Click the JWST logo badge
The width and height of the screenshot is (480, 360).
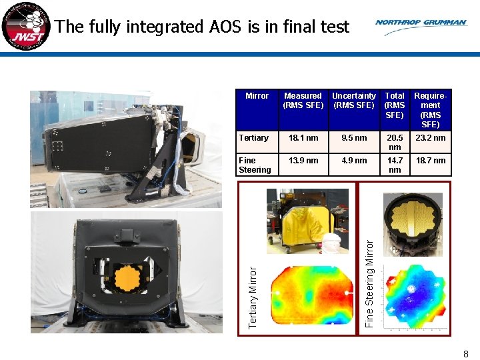click(25, 26)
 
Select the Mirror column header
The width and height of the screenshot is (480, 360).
click(257, 96)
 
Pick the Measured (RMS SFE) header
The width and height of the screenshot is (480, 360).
click(303, 101)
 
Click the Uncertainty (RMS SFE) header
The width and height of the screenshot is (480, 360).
click(353, 101)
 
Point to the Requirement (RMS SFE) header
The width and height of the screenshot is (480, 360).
click(430, 110)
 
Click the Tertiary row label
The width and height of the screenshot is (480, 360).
click(253, 138)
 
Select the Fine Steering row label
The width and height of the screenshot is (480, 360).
click(255, 165)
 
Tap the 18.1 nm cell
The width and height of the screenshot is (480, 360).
click(303, 138)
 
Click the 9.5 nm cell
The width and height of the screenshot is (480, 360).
click(354, 138)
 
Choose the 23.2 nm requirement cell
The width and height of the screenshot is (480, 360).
click(431, 138)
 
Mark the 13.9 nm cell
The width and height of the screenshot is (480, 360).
click(303, 161)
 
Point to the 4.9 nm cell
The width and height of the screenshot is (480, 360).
click(354, 161)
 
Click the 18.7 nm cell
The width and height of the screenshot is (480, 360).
click(431, 161)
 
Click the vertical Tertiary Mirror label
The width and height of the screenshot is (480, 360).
click(253, 297)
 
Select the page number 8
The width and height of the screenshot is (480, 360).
click(466, 354)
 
